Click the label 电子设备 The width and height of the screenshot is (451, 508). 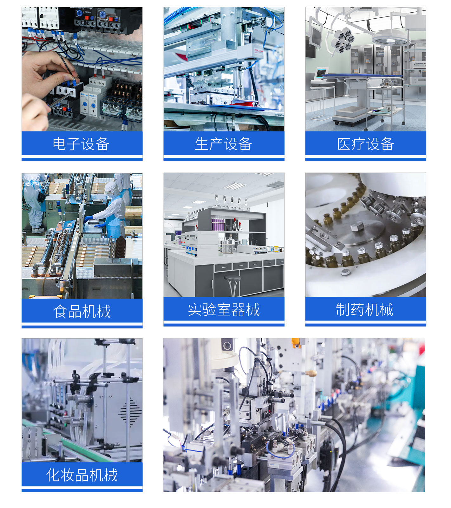tap(81, 144)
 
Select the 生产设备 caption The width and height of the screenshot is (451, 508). tap(224, 144)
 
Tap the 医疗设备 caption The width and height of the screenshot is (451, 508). tap(366, 144)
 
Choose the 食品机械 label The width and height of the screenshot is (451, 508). tap(82, 311)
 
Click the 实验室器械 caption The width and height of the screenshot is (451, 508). tap(224, 309)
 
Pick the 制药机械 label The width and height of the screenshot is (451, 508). tap(365, 309)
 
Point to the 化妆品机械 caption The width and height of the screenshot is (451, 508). tap(82, 475)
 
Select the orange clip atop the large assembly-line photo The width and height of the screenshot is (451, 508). tap(296, 342)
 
